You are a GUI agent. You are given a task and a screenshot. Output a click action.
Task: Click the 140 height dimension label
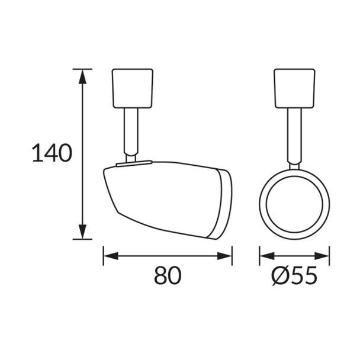[52, 153]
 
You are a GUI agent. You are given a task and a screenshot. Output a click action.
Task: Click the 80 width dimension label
[168, 275]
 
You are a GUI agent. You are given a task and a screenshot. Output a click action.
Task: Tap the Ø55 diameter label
[294, 275]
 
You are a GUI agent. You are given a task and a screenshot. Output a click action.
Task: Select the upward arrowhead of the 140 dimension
[82, 76]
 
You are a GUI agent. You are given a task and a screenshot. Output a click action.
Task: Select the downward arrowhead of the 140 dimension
[82, 232]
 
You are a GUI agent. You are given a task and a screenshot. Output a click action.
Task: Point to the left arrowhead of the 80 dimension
[111, 256]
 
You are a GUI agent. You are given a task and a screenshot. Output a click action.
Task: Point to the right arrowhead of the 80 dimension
[224, 256]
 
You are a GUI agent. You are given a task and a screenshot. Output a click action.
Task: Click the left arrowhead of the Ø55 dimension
[267, 256]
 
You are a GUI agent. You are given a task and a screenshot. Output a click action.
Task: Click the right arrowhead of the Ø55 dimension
[322, 256]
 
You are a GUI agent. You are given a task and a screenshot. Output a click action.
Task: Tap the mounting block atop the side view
[133, 88]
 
